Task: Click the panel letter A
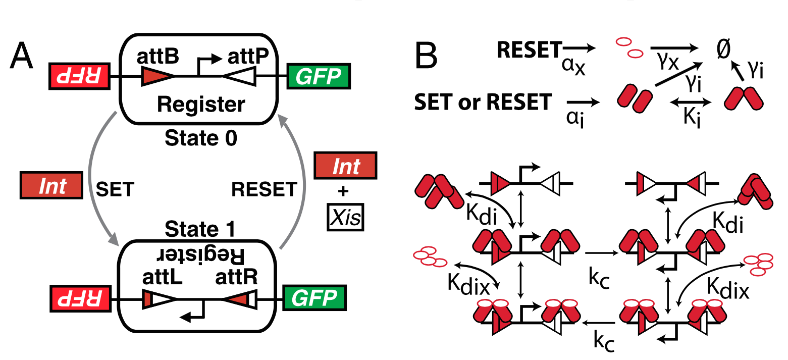[22, 57]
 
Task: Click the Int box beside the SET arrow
[53, 186]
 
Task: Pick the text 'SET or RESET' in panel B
[482, 102]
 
